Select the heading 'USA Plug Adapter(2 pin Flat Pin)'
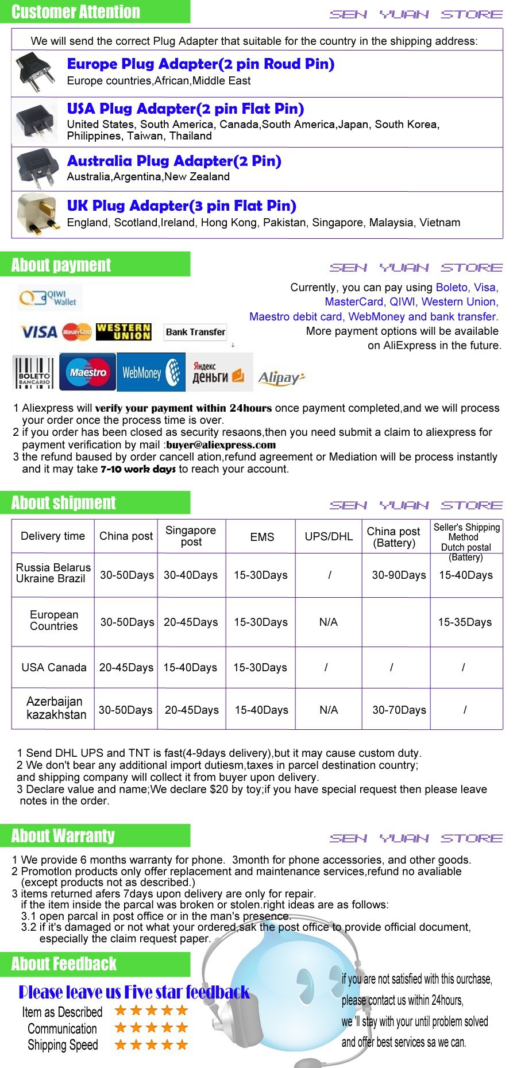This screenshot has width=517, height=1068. tap(186, 109)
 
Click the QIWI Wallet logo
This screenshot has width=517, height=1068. tap(49, 297)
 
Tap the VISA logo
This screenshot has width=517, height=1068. tap(39, 332)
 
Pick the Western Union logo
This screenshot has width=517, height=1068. tap(124, 331)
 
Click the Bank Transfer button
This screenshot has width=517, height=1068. tap(195, 332)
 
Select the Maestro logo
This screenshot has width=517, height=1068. tap(88, 372)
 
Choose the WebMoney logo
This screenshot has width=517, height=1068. tap(151, 372)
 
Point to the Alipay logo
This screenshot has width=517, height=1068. tap(281, 377)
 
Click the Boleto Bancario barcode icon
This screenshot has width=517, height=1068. tap(34, 372)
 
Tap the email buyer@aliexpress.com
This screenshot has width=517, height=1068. tap(221, 444)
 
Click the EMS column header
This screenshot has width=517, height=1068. tap(262, 537)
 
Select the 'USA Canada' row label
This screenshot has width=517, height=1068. tap(53, 667)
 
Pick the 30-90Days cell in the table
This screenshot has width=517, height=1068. tap(399, 575)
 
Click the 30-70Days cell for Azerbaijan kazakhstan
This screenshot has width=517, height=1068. tap(399, 710)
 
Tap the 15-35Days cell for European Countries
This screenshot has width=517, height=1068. tap(465, 622)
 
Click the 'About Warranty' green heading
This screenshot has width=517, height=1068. tap(63, 835)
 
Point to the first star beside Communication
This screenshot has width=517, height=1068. tap(121, 1027)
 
